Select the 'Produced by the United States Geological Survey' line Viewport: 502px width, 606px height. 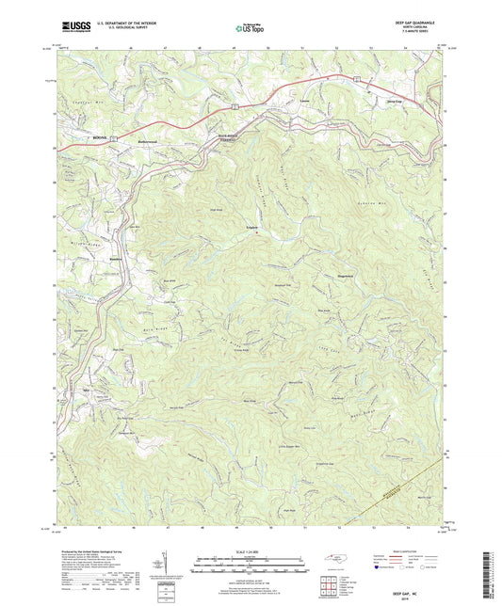click(x=99, y=552)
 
